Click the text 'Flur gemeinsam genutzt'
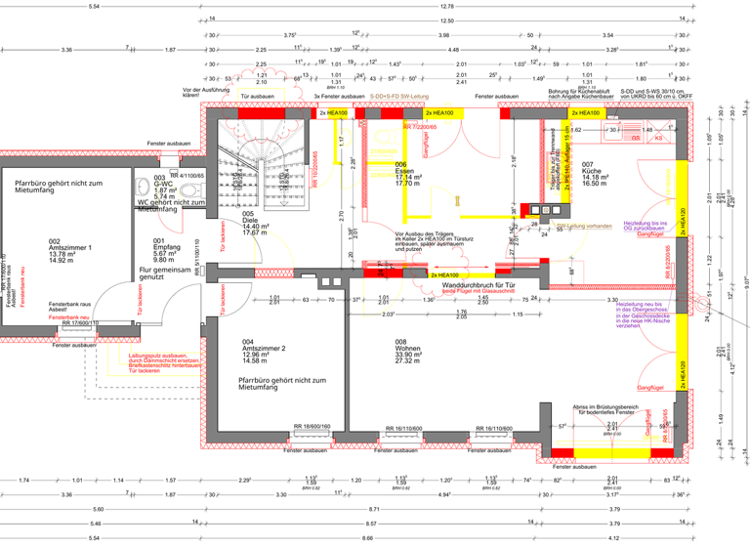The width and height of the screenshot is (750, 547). (164, 273)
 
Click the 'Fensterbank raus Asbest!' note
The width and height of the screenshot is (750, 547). (70, 307)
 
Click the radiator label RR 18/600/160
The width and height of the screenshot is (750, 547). (312, 427)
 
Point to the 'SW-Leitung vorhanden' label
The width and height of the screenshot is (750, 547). (582, 227)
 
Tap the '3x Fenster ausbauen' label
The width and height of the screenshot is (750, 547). (336, 97)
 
